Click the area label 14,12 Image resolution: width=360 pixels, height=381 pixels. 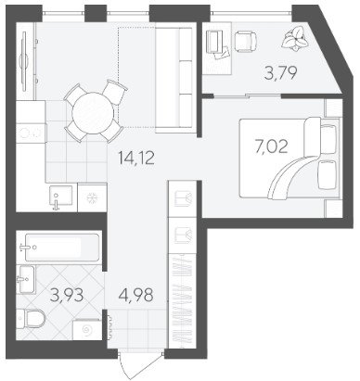[136, 159]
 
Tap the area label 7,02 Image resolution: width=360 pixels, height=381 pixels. [271, 146]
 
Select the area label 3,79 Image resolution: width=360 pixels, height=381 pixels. [281, 73]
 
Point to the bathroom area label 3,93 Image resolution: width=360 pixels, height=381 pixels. [67, 295]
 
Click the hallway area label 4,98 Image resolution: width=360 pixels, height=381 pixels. [135, 295]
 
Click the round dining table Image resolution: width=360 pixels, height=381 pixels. [92, 114]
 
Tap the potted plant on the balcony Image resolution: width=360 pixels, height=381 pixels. [295, 38]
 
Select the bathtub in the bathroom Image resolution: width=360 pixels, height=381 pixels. [62, 248]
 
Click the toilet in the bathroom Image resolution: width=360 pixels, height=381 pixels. [32, 319]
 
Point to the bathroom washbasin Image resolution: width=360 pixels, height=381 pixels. [26, 280]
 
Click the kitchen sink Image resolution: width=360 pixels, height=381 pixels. [61, 198]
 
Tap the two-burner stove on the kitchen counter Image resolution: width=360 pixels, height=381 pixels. [31, 133]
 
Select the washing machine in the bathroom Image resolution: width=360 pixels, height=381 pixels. [87, 330]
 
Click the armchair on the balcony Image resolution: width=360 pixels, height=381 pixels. [246, 41]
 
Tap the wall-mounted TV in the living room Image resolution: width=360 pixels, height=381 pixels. [24, 61]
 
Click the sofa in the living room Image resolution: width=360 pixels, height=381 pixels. [175, 80]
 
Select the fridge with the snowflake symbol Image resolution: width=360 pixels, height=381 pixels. [92, 197]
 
